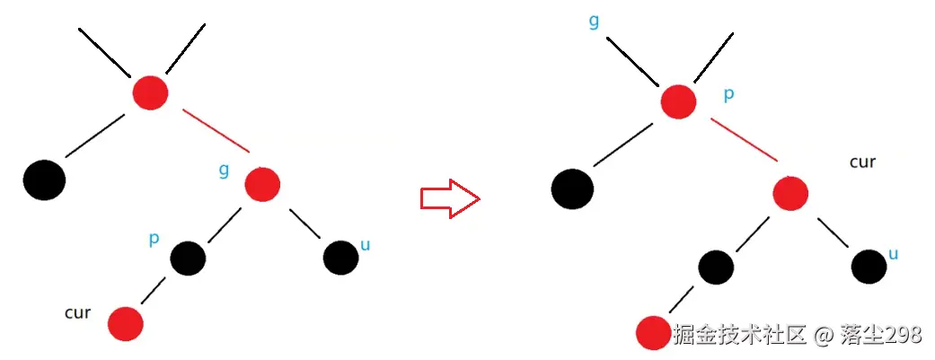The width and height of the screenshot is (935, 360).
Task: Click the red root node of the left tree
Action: point(150,92)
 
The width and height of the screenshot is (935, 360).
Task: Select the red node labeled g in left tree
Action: point(262,183)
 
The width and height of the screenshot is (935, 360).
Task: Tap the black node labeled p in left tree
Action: point(188,259)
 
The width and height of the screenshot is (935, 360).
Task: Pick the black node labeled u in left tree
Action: point(340,259)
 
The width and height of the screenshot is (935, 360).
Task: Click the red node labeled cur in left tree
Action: point(125,323)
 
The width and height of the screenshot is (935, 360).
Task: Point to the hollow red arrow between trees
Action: point(450,198)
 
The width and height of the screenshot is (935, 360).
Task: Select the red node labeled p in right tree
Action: point(678,101)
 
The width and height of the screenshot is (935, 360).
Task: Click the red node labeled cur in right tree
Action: point(790,192)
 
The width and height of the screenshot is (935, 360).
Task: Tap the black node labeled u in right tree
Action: point(869,266)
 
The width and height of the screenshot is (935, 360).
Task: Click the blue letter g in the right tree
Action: point(595,21)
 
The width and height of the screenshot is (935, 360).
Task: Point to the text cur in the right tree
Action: point(862,162)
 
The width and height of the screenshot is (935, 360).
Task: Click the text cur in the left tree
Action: point(77,313)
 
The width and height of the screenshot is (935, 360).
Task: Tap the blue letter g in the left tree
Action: point(224,168)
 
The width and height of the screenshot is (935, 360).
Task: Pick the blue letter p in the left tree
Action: point(154,240)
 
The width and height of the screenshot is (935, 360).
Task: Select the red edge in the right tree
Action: point(744,139)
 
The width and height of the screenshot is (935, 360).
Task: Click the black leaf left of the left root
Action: point(44,180)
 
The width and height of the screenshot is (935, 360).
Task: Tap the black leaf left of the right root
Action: point(572,188)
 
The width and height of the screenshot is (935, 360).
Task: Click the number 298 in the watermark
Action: point(904,335)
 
